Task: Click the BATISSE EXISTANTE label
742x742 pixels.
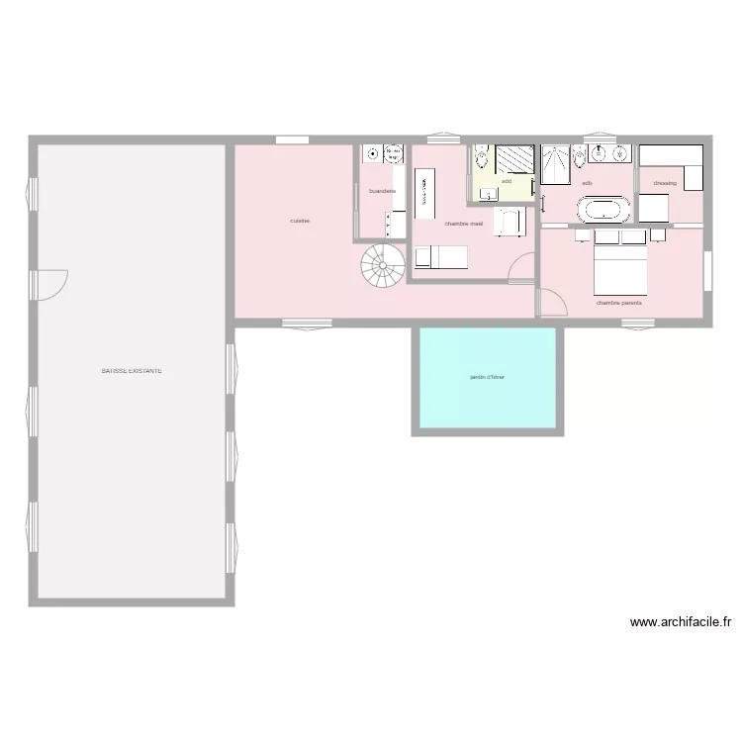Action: coord(132,372)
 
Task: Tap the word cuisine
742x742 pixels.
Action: coord(300,221)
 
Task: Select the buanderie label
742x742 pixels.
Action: coord(382,191)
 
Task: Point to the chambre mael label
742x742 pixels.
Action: coord(463,224)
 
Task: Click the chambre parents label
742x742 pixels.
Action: coord(618,303)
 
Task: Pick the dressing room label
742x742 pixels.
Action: coord(665,183)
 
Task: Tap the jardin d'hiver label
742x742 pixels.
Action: coord(487,377)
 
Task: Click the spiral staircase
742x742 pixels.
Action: coord(383,265)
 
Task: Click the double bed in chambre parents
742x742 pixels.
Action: coord(619,267)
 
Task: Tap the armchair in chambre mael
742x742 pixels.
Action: coord(508,223)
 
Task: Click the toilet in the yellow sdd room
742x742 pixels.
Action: coord(482,157)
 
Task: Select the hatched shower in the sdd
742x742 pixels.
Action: coord(514,159)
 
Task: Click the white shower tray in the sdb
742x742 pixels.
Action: coord(555,165)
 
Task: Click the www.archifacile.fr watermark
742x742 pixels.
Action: coord(680,622)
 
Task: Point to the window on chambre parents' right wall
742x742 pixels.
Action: coord(708,271)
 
